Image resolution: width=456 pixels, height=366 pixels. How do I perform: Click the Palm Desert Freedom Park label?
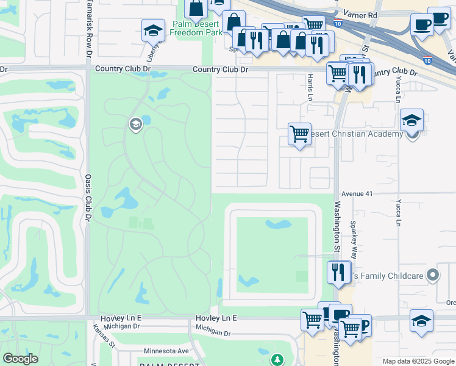click(196, 28)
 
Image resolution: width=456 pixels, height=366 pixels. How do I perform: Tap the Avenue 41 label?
click(357, 193)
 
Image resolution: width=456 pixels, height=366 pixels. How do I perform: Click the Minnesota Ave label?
click(166, 351)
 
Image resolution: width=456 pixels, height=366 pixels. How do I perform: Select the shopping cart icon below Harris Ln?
click(299, 134)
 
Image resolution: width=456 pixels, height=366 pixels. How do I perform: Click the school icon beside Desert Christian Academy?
click(412, 120)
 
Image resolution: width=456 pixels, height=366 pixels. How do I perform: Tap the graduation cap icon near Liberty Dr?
click(153, 29)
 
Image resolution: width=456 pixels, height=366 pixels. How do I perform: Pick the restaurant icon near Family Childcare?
click(338, 271)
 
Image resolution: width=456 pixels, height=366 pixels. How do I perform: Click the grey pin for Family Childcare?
click(433, 276)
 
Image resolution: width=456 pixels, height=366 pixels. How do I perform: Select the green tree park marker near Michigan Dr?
click(278, 360)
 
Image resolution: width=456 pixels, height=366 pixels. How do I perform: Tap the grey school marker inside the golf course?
click(135, 125)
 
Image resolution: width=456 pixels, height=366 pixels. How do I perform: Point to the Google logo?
click(20, 359)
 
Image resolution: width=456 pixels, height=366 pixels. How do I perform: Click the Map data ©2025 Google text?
click(418, 361)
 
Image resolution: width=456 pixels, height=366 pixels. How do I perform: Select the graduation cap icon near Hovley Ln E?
click(421, 320)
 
